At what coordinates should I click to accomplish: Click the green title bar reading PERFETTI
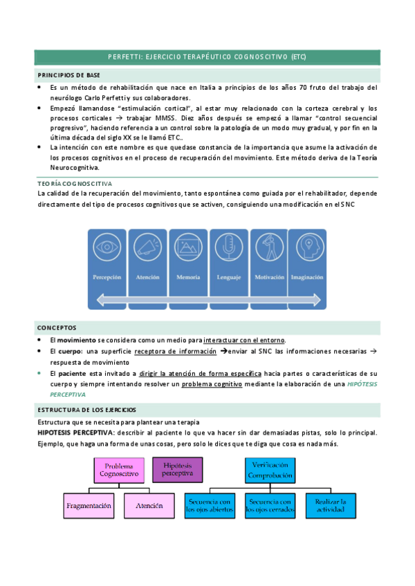tap(207, 57)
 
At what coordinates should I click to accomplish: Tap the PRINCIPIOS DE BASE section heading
tap(69, 74)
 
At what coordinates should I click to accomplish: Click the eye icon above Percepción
tap(107, 246)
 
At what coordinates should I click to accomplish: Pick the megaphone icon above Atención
tap(147, 246)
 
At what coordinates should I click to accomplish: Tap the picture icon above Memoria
tap(187, 246)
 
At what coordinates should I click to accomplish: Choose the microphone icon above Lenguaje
tap(229, 246)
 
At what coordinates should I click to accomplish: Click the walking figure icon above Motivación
tap(268, 246)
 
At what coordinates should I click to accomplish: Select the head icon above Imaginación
tap(306, 246)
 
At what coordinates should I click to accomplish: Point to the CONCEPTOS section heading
tap(57, 328)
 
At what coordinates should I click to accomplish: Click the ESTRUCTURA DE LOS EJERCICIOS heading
tap(87, 410)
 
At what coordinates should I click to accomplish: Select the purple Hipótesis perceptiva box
tap(178, 469)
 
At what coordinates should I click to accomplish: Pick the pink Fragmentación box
tap(89, 506)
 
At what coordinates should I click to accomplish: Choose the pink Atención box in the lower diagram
tap(149, 506)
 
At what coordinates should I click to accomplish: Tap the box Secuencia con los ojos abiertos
tap(210, 506)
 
